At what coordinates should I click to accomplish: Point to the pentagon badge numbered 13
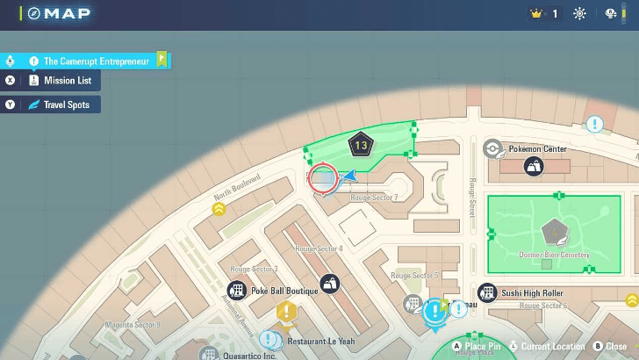click(x=361, y=146)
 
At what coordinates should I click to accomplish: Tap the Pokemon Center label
click(x=537, y=149)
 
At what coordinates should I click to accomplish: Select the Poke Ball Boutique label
click(x=284, y=291)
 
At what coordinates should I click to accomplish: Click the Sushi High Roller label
click(x=533, y=292)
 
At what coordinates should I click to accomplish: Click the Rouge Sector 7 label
click(x=374, y=198)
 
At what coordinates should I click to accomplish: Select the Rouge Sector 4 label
click(x=319, y=249)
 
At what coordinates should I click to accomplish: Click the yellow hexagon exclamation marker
click(x=286, y=311)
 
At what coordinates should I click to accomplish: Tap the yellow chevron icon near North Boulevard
click(x=219, y=209)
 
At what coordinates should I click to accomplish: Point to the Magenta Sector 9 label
click(x=133, y=325)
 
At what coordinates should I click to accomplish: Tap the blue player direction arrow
click(x=349, y=176)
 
